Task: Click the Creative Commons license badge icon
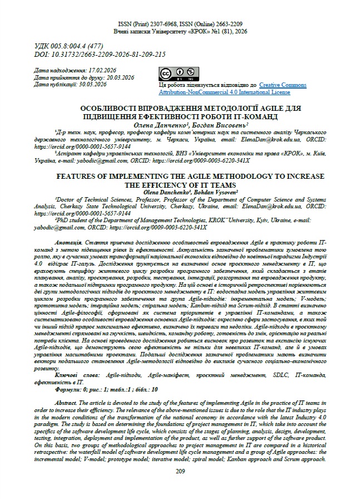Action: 172,74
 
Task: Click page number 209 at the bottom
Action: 180,472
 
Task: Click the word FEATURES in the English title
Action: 82,176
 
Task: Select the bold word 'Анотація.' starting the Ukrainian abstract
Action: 70,243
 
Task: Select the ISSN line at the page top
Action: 180,25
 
